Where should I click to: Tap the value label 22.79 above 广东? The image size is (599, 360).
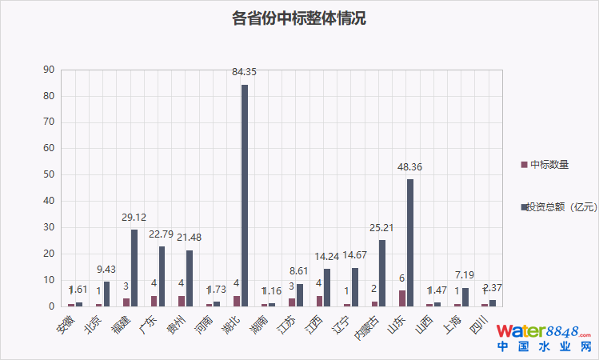[x=162, y=236]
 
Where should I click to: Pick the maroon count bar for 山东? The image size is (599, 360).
[x=402, y=298]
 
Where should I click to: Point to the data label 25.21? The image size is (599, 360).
[x=382, y=230]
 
